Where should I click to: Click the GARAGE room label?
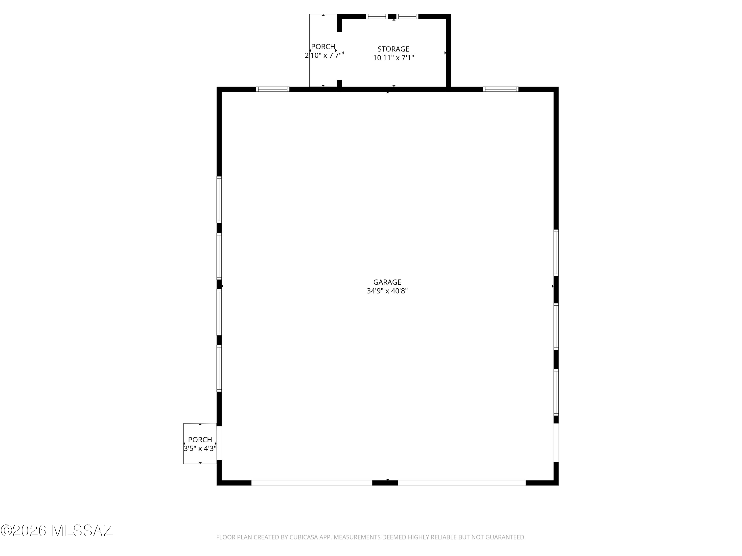387,282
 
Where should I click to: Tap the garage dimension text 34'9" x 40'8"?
387,291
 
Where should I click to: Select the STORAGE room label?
394,49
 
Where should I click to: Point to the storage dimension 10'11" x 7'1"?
394,58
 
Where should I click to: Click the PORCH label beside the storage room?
323,47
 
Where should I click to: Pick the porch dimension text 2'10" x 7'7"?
323,55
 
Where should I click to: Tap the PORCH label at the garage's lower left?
200,439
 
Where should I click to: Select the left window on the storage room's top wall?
377,16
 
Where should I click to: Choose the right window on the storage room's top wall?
407,16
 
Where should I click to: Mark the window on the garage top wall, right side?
501,89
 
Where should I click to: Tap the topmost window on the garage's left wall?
219,200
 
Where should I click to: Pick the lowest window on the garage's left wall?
219,368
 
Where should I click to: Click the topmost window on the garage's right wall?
556,253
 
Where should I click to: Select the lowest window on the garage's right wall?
556,392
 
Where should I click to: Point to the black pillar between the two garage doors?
385,483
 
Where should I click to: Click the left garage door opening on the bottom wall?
312,483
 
